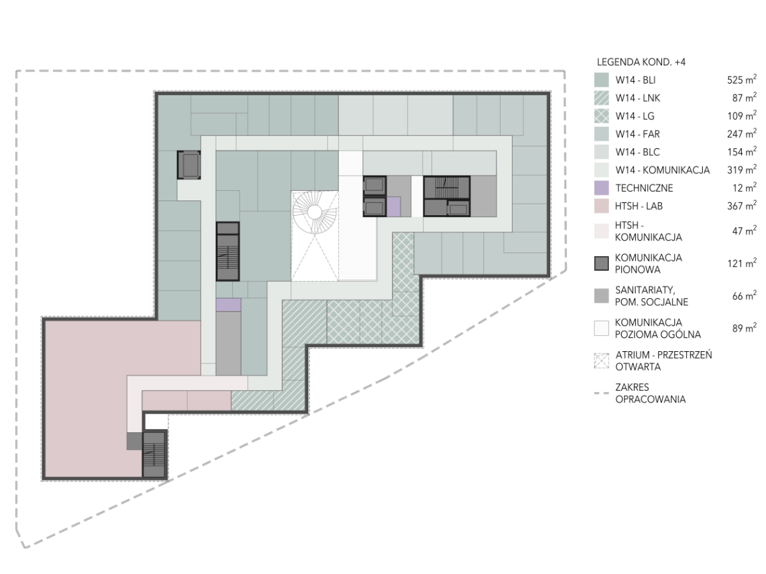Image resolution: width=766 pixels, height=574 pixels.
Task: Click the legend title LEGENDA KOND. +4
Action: click(x=641, y=62)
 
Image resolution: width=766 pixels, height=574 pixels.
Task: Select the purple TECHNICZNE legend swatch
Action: click(x=601, y=188)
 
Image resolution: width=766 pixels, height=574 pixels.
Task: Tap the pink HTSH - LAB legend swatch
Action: click(x=601, y=206)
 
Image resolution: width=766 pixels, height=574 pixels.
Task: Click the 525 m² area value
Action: click(x=742, y=80)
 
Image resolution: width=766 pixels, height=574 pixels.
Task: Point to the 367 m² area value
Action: click(x=742, y=206)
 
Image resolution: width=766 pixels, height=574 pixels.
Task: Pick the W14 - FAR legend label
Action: click(x=638, y=134)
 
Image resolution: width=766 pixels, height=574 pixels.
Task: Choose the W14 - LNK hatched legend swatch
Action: click(x=601, y=98)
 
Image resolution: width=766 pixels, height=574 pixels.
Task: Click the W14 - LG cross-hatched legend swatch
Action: click(x=601, y=116)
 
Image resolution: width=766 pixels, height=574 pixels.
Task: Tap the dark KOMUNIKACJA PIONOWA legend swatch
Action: click(x=601, y=264)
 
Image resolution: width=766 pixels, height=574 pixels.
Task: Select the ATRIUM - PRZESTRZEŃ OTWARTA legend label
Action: click(x=664, y=361)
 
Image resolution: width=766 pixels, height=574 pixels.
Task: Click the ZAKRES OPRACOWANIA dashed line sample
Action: click(x=601, y=393)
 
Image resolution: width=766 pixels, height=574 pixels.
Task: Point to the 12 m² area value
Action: click(x=744, y=188)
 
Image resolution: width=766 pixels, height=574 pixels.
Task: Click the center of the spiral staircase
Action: click(x=314, y=211)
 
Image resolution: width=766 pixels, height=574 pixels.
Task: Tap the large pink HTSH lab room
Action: click(x=87, y=398)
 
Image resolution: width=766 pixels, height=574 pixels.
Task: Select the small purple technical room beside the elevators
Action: click(x=393, y=207)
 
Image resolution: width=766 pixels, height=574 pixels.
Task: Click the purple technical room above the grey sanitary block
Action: click(x=229, y=305)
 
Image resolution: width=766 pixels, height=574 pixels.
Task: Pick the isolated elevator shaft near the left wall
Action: click(x=189, y=165)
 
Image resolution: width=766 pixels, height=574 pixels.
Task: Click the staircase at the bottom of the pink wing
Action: click(x=154, y=455)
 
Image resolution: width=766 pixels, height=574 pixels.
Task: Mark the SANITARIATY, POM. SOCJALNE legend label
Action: click(x=651, y=296)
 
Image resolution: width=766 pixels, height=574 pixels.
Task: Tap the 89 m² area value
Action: click(x=744, y=328)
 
